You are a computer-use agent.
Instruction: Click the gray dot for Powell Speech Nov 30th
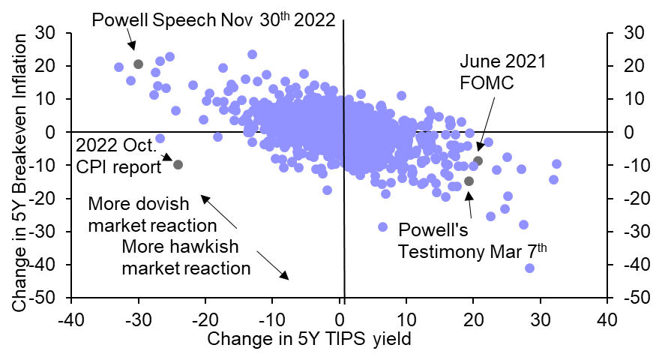(138, 64)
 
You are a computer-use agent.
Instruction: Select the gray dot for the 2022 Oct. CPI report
(178, 164)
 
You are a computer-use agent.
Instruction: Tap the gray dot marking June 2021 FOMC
(478, 160)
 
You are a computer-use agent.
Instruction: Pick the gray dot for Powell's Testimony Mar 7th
(469, 181)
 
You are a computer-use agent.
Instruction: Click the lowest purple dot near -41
(530, 268)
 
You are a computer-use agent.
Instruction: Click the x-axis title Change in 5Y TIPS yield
(310, 339)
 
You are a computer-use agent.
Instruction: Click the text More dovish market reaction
(152, 214)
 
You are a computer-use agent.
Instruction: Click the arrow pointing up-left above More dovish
(217, 211)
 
